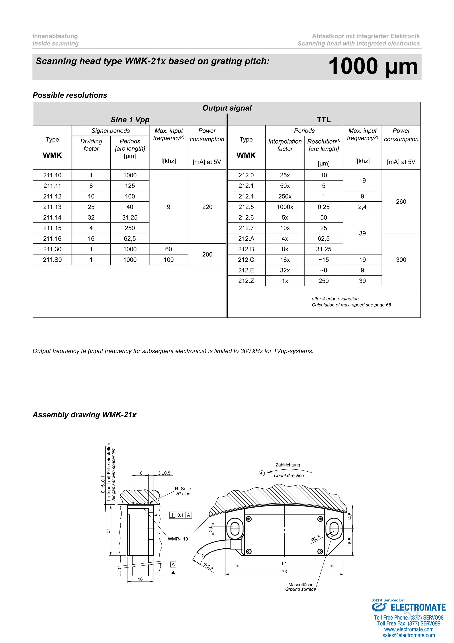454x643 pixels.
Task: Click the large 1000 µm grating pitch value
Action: coord(373,66)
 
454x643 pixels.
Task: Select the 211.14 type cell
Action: coord(52,218)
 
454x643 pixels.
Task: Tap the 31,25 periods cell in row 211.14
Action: coord(130,218)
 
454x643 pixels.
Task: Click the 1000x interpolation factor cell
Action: coord(285,207)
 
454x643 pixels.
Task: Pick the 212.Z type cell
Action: coord(246,281)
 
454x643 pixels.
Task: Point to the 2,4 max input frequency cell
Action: coord(362,207)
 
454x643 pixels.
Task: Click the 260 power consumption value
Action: coord(401,202)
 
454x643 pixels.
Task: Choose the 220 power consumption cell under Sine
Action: coord(207,207)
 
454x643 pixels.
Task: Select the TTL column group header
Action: coord(323,120)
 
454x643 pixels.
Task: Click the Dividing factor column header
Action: coord(91,145)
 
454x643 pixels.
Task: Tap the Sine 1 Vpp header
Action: coord(130,120)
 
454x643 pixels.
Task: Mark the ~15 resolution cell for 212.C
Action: coord(323,260)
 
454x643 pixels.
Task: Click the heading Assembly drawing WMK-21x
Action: coord(84,415)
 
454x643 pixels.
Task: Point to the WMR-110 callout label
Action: coord(178,539)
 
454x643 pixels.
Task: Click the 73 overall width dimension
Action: coord(284,572)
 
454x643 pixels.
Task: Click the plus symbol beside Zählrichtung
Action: coord(262,473)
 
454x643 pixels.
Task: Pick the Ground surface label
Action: coord(301,589)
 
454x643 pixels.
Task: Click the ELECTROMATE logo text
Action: coord(418,607)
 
